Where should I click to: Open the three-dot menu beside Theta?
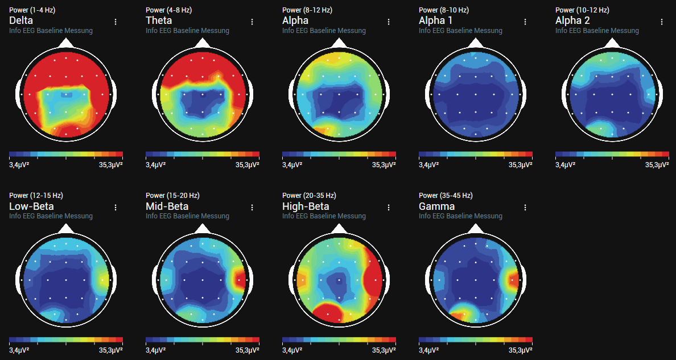[252, 22]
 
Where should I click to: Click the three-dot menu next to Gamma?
[525, 207]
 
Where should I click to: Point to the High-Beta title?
[306, 206]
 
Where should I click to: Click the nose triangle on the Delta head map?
[66, 43]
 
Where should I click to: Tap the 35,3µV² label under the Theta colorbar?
[248, 165]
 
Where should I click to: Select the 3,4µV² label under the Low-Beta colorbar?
[19, 350]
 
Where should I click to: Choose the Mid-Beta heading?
[167, 206]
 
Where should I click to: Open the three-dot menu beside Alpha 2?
[662, 22]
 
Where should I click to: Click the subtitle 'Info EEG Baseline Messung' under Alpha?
[324, 31]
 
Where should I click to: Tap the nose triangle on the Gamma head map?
[476, 228]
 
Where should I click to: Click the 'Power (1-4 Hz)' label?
[32, 10]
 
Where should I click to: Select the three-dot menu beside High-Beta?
[389, 207]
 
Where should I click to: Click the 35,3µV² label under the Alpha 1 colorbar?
[521, 165]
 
